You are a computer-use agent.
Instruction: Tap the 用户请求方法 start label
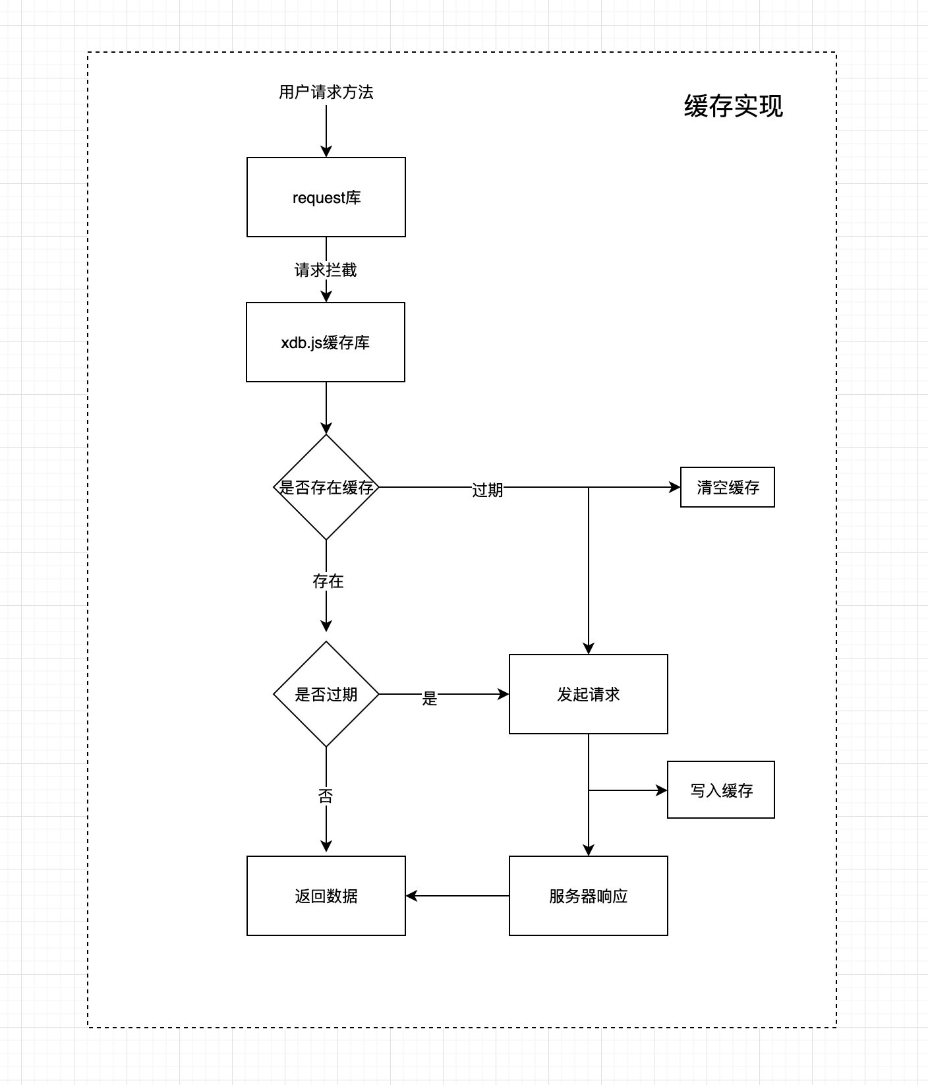pos(326,92)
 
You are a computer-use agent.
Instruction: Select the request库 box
pos(326,197)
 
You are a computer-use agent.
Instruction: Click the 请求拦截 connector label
pos(326,270)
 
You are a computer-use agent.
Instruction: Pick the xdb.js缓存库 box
pos(326,342)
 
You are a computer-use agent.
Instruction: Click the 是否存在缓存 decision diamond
pos(326,487)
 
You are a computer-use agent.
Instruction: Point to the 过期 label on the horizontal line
pos(487,490)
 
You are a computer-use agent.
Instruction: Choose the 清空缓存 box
pos(727,487)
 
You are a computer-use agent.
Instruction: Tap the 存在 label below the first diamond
pos(328,581)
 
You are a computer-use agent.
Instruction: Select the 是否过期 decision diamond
pos(326,694)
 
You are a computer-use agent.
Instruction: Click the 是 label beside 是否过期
pos(430,698)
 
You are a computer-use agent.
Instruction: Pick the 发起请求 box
pos(588,694)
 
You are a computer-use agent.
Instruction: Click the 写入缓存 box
pos(720,790)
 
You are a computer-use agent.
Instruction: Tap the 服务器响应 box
pos(588,896)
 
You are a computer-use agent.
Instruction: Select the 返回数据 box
pos(326,896)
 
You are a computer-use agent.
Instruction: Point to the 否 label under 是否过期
pos(326,796)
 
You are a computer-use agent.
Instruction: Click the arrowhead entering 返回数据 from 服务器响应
pos(412,896)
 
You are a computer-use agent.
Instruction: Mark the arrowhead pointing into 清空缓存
pos(674,487)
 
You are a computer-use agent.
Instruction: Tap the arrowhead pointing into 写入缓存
pos(661,790)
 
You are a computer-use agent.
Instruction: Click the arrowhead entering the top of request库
pos(326,151)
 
